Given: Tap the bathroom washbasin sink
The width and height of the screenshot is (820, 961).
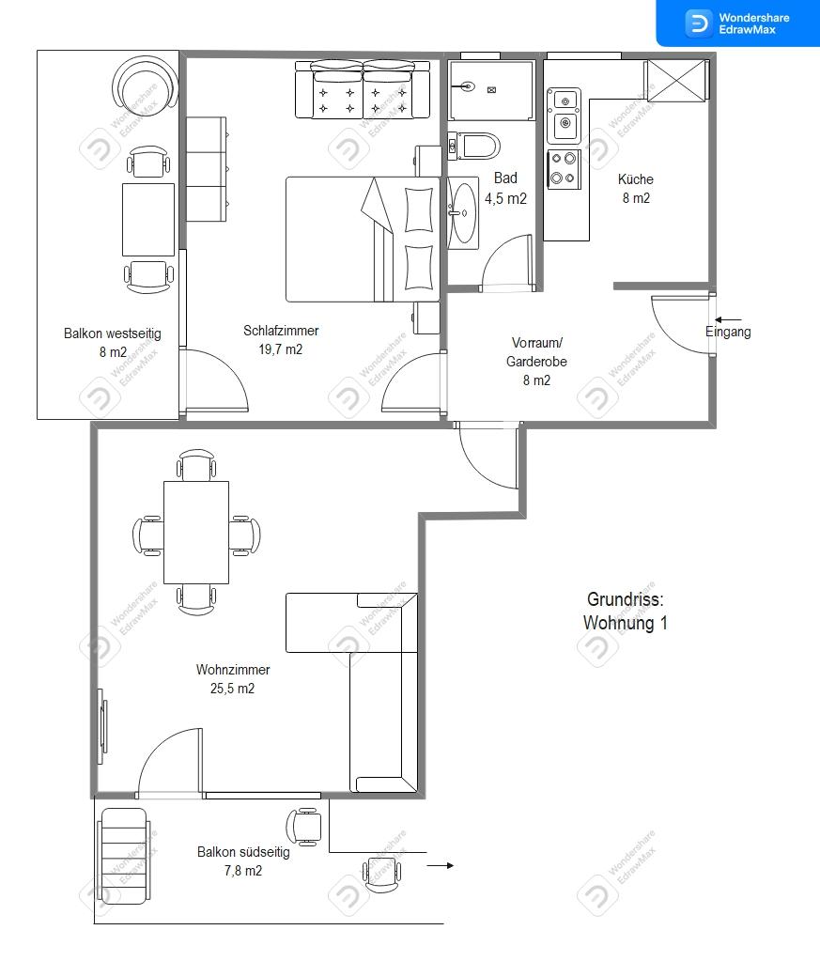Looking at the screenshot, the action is [463, 212].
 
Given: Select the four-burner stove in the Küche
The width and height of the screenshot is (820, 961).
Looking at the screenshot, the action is [564, 169].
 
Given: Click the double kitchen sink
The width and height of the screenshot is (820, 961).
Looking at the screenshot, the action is [564, 116].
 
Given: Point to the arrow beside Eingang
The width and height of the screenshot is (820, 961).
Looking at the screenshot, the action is [728, 319].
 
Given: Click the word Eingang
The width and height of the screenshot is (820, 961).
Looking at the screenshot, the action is [728, 333].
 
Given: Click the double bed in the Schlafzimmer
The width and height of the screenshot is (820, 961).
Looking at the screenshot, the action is [363, 239].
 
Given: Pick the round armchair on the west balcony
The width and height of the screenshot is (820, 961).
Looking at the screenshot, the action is [146, 84].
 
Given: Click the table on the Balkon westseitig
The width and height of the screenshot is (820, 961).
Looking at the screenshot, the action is [148, 220].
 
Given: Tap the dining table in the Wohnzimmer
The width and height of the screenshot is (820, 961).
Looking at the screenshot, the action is [196, 532].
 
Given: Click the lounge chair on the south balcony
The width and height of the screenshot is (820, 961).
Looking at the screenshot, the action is [123, 856].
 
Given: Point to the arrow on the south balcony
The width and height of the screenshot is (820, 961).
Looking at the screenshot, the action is [440, 865].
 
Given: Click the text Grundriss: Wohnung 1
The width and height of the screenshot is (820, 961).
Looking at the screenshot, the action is [626, 611].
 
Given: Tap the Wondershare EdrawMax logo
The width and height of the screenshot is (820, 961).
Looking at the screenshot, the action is [737, 23].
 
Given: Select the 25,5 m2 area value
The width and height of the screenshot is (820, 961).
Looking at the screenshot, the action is [232, 689].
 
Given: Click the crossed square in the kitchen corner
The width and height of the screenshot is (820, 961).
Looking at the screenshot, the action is [676, 80].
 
